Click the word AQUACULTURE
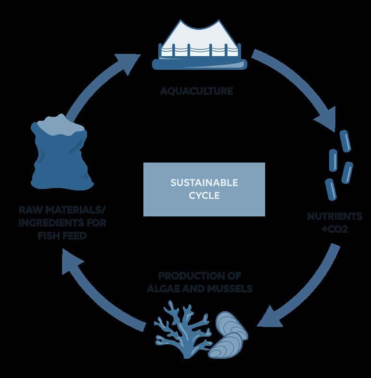[196, 90]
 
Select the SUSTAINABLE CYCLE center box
[204, 189]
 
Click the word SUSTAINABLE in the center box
[204, 183]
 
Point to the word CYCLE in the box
[204, 196]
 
